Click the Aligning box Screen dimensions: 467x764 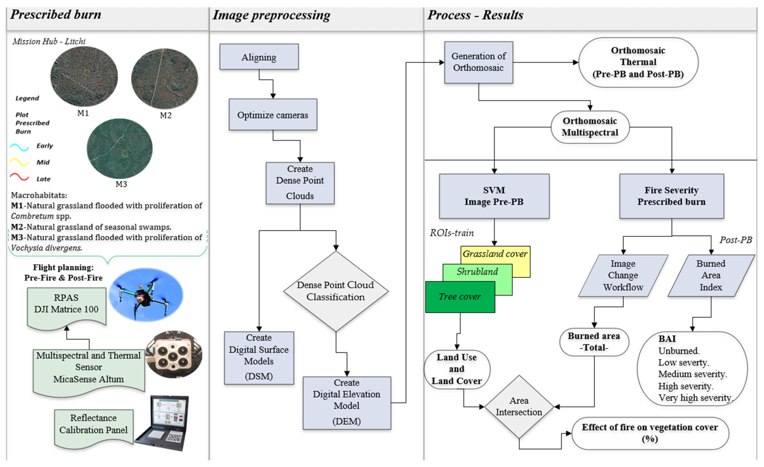[x=259, y=57]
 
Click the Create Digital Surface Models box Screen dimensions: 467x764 [x=259, y=357]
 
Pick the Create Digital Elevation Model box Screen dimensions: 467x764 [x=346, y=403]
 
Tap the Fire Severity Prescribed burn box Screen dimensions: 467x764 [x=671, y=196]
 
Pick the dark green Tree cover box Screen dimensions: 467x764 [x=460, y=297]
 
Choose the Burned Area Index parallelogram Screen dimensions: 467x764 [x=711, y=275]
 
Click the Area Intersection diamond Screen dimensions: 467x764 [x=519, y=406]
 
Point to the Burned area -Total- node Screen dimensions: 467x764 [x=594, y=341]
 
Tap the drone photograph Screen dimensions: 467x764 [x=146, y=295]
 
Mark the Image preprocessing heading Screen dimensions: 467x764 [x=271, y=15]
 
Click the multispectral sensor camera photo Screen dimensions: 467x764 [x=174, y=354]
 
